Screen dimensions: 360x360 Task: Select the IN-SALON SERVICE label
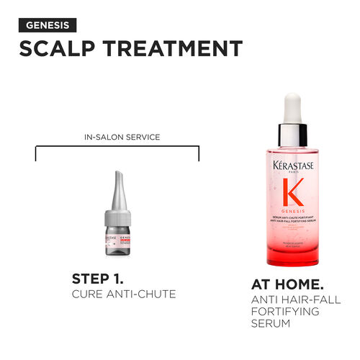(x=117, y=135)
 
